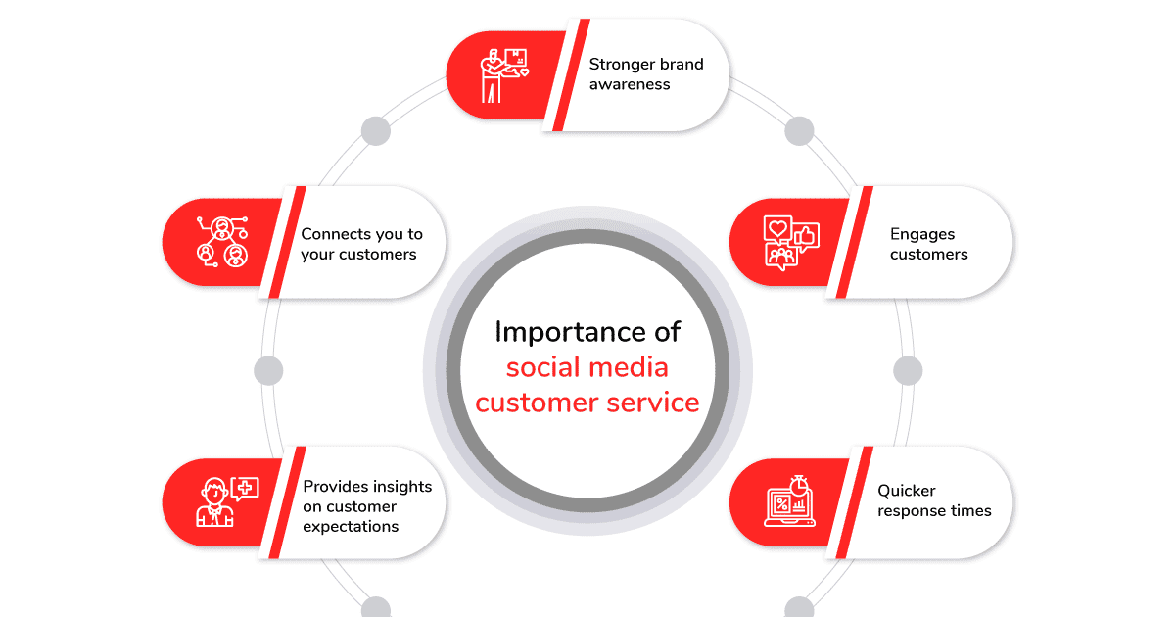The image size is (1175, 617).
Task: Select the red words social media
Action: coord(587,367)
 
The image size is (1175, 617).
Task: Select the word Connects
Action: coord(336,234)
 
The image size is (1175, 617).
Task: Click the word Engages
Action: coord(922,234)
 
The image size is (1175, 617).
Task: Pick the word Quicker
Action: coord(906,490)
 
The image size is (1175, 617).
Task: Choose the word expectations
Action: coord(351,527)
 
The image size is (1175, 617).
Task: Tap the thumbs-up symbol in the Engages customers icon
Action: coord(806,235)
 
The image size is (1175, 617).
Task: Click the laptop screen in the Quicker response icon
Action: coord(782,505)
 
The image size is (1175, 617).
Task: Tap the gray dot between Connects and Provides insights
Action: coord(268,370)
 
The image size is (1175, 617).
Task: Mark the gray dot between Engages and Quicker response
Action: coord(908,370)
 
